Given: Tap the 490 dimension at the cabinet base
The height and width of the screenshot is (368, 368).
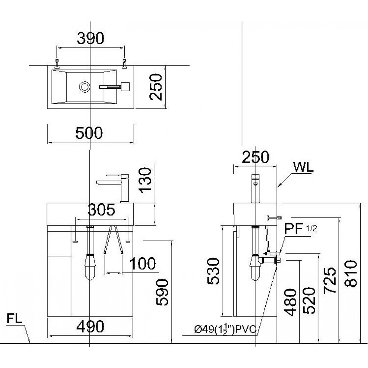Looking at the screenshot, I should (x=90, y=326).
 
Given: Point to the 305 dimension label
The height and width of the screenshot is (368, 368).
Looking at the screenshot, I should (x=101, y=210).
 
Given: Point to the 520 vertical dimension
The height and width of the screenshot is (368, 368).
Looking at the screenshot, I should (x=309, y=300).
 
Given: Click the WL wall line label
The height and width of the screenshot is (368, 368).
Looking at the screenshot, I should (x=303, y=167).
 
